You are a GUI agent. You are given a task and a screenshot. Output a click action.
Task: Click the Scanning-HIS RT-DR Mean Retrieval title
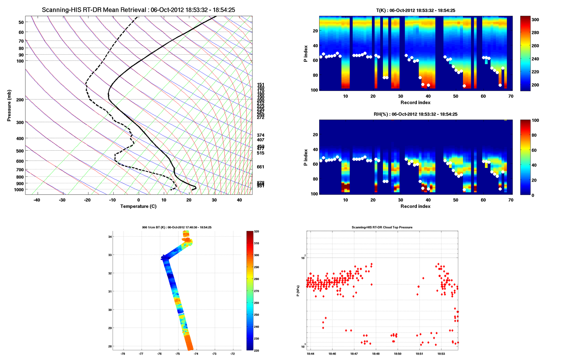click(138, 10)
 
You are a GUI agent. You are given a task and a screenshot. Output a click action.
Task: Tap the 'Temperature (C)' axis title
click(138, 206)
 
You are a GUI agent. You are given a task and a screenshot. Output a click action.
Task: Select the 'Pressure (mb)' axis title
click(9, 105)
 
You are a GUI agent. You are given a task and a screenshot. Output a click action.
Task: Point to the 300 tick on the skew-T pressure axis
click(20, 123)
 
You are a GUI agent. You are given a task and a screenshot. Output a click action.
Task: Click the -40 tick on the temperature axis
click(37, 200)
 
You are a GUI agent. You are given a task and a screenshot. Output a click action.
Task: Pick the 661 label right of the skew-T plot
click(261, 167)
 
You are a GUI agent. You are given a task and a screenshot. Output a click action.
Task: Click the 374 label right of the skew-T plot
click(261, 135)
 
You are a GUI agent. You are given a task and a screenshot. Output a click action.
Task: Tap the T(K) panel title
click(415, 11)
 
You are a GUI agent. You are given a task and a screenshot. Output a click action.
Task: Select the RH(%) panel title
click(415, 114)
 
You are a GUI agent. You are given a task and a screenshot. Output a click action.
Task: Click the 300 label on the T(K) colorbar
click(535, 20)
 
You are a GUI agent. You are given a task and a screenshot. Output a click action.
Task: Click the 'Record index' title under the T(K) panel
click(415, 103)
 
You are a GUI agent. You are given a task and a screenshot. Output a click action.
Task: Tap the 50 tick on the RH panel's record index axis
click(456, 200)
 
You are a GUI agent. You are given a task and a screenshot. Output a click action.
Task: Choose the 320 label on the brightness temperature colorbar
click(256, 232)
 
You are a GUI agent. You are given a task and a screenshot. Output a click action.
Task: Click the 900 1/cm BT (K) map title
click(177, 227)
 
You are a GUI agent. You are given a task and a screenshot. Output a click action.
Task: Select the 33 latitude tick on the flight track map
click(110, 255)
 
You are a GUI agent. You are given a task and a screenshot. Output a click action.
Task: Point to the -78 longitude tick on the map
click(123, 354)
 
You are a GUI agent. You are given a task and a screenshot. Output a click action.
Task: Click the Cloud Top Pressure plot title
click(382, 227)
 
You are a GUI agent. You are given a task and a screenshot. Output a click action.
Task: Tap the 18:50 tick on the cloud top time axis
click(398, 354)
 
